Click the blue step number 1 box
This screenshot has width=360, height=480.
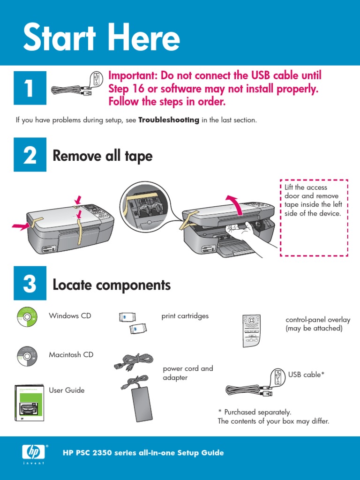[30, 88]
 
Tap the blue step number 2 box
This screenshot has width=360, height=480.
[30, 155]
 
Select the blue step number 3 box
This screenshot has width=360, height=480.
[30, 283]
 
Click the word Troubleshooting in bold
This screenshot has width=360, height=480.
[169, 120]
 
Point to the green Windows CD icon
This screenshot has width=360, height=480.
[27, 317]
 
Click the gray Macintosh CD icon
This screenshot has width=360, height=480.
[27, 356]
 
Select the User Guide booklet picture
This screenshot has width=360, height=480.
[30, 403]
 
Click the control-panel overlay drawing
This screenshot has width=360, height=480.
[251, 331]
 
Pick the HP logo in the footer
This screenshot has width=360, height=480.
[34, 452]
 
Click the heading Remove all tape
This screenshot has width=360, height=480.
[103, 156]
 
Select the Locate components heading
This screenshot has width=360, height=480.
[112, 285]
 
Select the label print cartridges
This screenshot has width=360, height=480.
[185, 316]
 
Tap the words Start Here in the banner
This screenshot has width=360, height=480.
[101, 37]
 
